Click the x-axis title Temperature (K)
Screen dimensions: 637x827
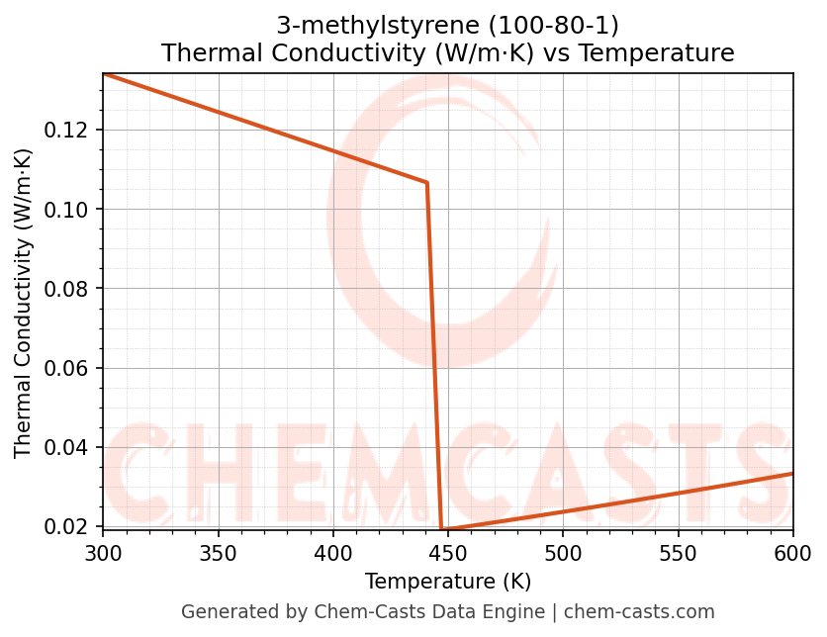[x=448, y=581]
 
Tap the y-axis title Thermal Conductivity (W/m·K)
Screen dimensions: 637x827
[x=24, y=303]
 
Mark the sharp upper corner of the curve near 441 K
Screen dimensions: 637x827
[x=427, y=183]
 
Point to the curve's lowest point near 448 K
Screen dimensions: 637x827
[x=442, y=530]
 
